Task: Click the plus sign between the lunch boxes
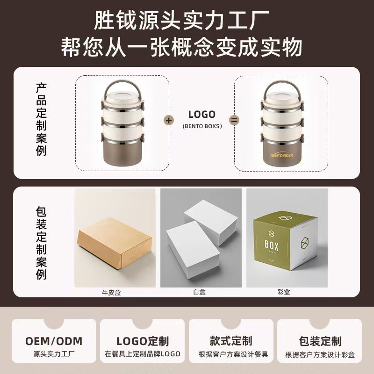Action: point(169,120)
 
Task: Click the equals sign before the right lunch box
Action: point(234,120)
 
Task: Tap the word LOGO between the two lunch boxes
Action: point(201,115)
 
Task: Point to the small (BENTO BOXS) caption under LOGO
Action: point(201,126)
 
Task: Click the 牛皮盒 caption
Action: point(115,293)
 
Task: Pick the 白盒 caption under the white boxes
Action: point(200,293)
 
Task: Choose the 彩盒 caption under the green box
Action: point(284,293)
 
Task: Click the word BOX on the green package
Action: point(272,246)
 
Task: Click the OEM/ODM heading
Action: point(53,340)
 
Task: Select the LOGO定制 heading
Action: point(142,341)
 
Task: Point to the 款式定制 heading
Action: point(231,340)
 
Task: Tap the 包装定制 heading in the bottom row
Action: point(320,341)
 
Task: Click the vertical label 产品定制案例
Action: point(42,120)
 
